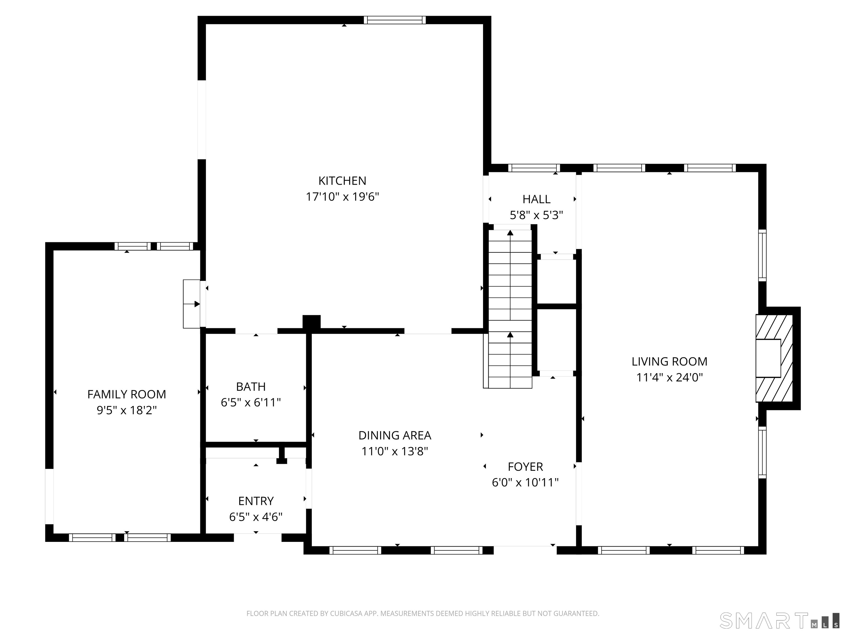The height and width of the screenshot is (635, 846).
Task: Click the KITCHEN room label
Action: coord(342,181)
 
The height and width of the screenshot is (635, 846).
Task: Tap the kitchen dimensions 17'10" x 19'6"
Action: coord(342,197)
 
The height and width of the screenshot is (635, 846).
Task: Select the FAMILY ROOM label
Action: coord(127,394)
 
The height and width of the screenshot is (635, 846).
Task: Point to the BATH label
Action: coord(251,387)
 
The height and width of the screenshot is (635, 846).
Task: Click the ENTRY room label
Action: coord(256,501)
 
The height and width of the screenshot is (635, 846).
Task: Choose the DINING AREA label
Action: coord(395,435)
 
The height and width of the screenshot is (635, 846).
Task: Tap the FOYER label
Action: coord(525,467)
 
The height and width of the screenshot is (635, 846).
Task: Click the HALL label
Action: coord(536,199)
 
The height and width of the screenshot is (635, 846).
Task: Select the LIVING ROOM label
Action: coord(669,361)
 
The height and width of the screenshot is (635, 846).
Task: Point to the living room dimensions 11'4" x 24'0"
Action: coord(669,377)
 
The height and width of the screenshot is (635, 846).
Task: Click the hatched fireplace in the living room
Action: coord(774,358)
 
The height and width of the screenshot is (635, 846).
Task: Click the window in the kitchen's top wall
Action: coord(394,20)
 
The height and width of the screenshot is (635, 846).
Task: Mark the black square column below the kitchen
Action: coord(311,322)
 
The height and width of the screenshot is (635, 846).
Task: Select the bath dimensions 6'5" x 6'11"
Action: coord(251,403)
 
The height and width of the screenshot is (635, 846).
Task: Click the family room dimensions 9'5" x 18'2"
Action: coord(127,410)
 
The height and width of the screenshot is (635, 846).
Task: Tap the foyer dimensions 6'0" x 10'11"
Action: coord(525,482)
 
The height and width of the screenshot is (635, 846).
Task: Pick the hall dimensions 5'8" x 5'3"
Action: coord(536,215)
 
